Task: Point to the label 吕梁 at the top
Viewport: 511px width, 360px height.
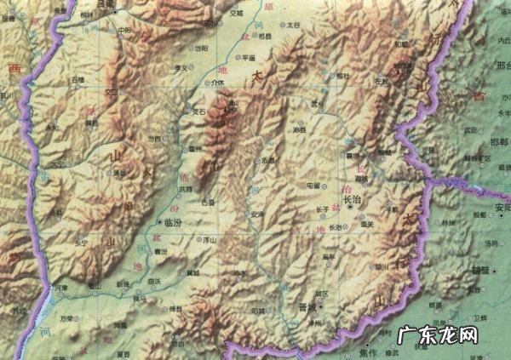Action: [105, 4]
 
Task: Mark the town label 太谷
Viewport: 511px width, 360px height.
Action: [294, 26]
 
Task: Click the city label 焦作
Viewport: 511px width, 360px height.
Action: [368, 351]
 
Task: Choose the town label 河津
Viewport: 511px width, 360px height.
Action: [60, 289]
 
